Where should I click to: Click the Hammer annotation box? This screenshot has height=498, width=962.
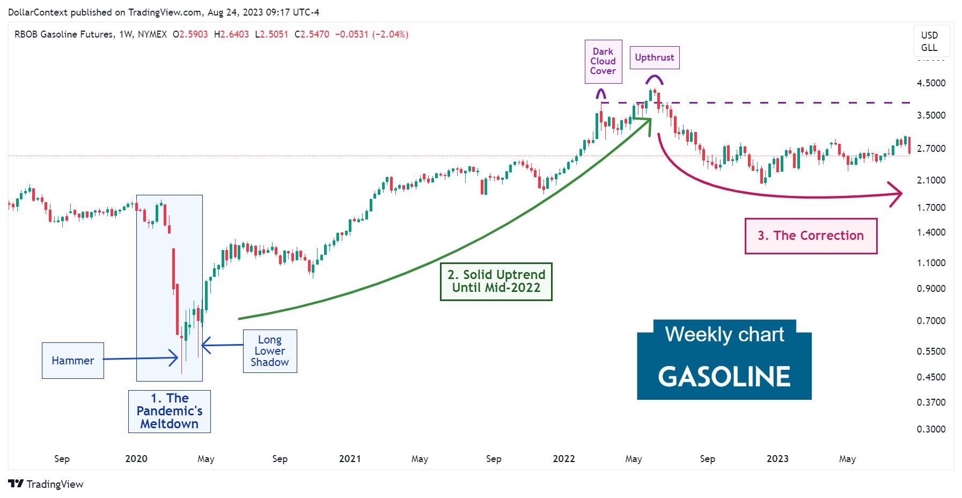click(x=73, y=361)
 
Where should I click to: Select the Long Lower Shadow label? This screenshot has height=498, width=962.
click(x=270, y=351)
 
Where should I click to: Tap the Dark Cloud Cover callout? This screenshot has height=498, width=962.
click(x=603, y=61)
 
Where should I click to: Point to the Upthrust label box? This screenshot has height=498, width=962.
click(x=654, y=57)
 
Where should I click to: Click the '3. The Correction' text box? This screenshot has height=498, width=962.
click(x=811, y=236)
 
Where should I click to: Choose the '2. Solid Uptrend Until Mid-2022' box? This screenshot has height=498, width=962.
click(x=496, y=281)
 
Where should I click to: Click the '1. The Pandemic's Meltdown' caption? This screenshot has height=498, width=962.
click(x=170, y=411)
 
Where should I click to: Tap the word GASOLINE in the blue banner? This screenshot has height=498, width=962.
click(x=724, y=377)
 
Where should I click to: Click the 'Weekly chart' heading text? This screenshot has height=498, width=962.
click(x=724, y=334)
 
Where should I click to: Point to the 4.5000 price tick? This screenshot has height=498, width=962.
click(x=931, y=83)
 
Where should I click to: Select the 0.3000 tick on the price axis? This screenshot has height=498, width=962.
click(x=931, y=429)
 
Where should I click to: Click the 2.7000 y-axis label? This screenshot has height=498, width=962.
click(x=931, y=149)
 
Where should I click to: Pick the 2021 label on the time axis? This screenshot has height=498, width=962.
click(x=350, y=459)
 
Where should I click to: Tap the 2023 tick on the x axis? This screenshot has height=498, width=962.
click(x=777, y=459)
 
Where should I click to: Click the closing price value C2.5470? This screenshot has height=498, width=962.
click(x=312, y=34)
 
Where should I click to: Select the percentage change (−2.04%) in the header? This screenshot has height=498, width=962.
click(x=391, y=34)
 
